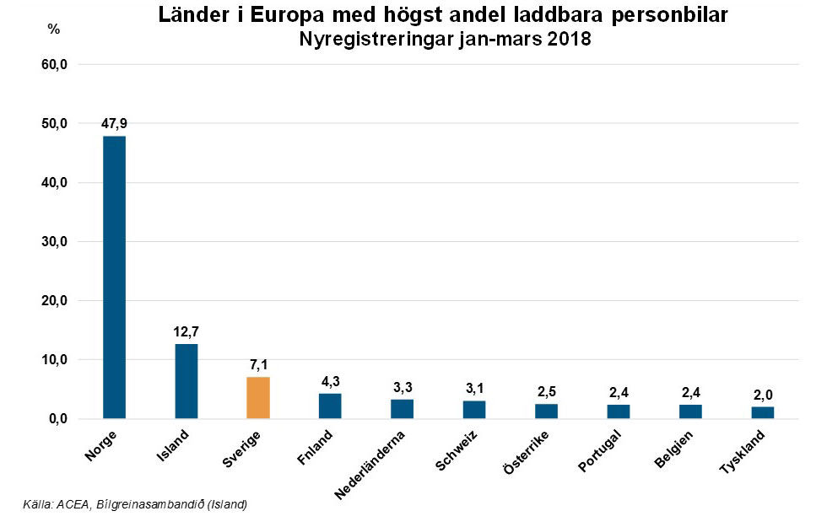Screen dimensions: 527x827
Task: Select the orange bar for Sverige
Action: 257,397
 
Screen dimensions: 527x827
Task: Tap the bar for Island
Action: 186,381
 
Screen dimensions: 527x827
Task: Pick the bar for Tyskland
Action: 762,412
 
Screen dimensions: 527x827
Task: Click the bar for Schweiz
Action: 474,409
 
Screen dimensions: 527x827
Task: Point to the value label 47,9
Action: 114,124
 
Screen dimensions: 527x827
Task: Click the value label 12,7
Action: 186,331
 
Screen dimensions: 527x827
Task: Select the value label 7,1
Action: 258,364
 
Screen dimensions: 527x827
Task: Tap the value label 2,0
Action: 762,395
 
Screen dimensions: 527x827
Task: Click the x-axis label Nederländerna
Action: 371,464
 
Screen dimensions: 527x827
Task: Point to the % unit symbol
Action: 54,29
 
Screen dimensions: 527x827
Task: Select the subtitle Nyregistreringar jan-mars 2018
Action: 445,40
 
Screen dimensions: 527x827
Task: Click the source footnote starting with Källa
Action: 135,505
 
